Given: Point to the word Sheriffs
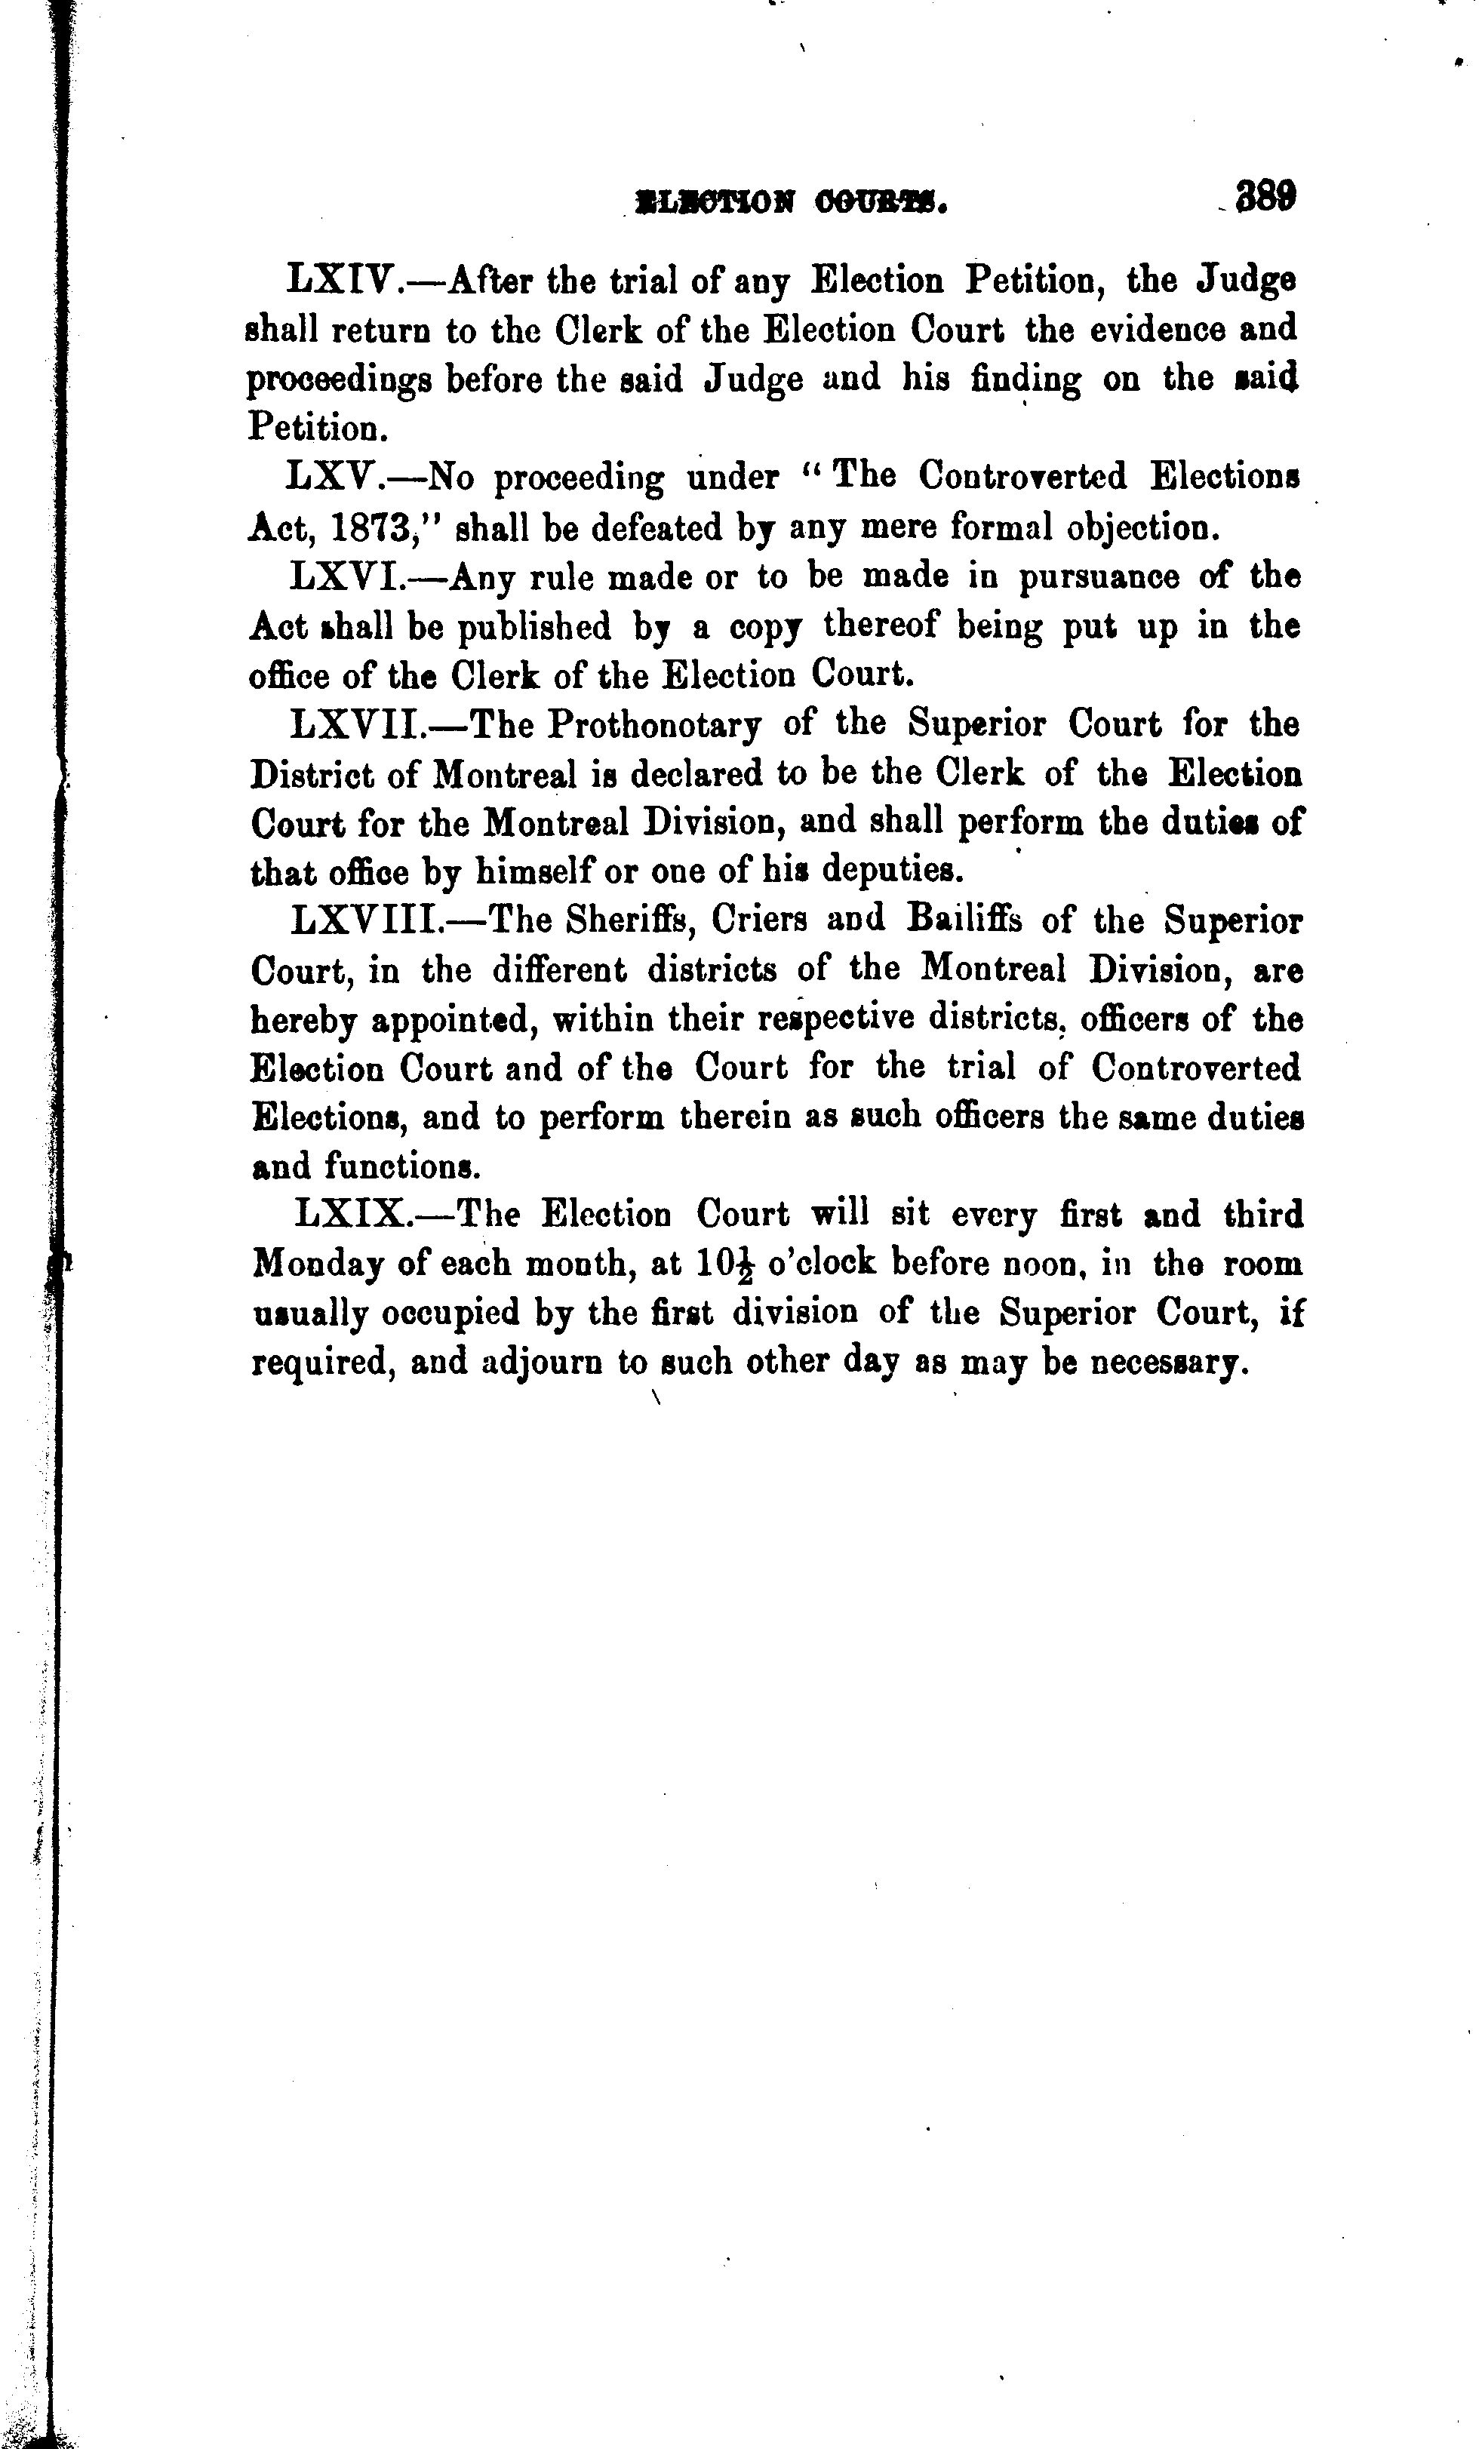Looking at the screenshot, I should tap(628, 920).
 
